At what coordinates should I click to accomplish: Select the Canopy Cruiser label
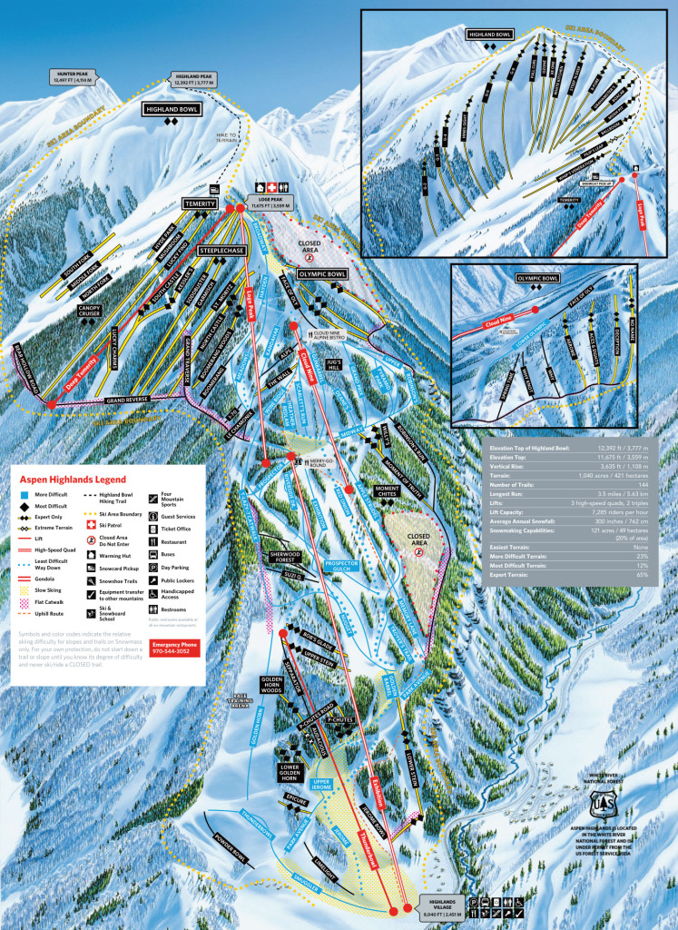(94, 311)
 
